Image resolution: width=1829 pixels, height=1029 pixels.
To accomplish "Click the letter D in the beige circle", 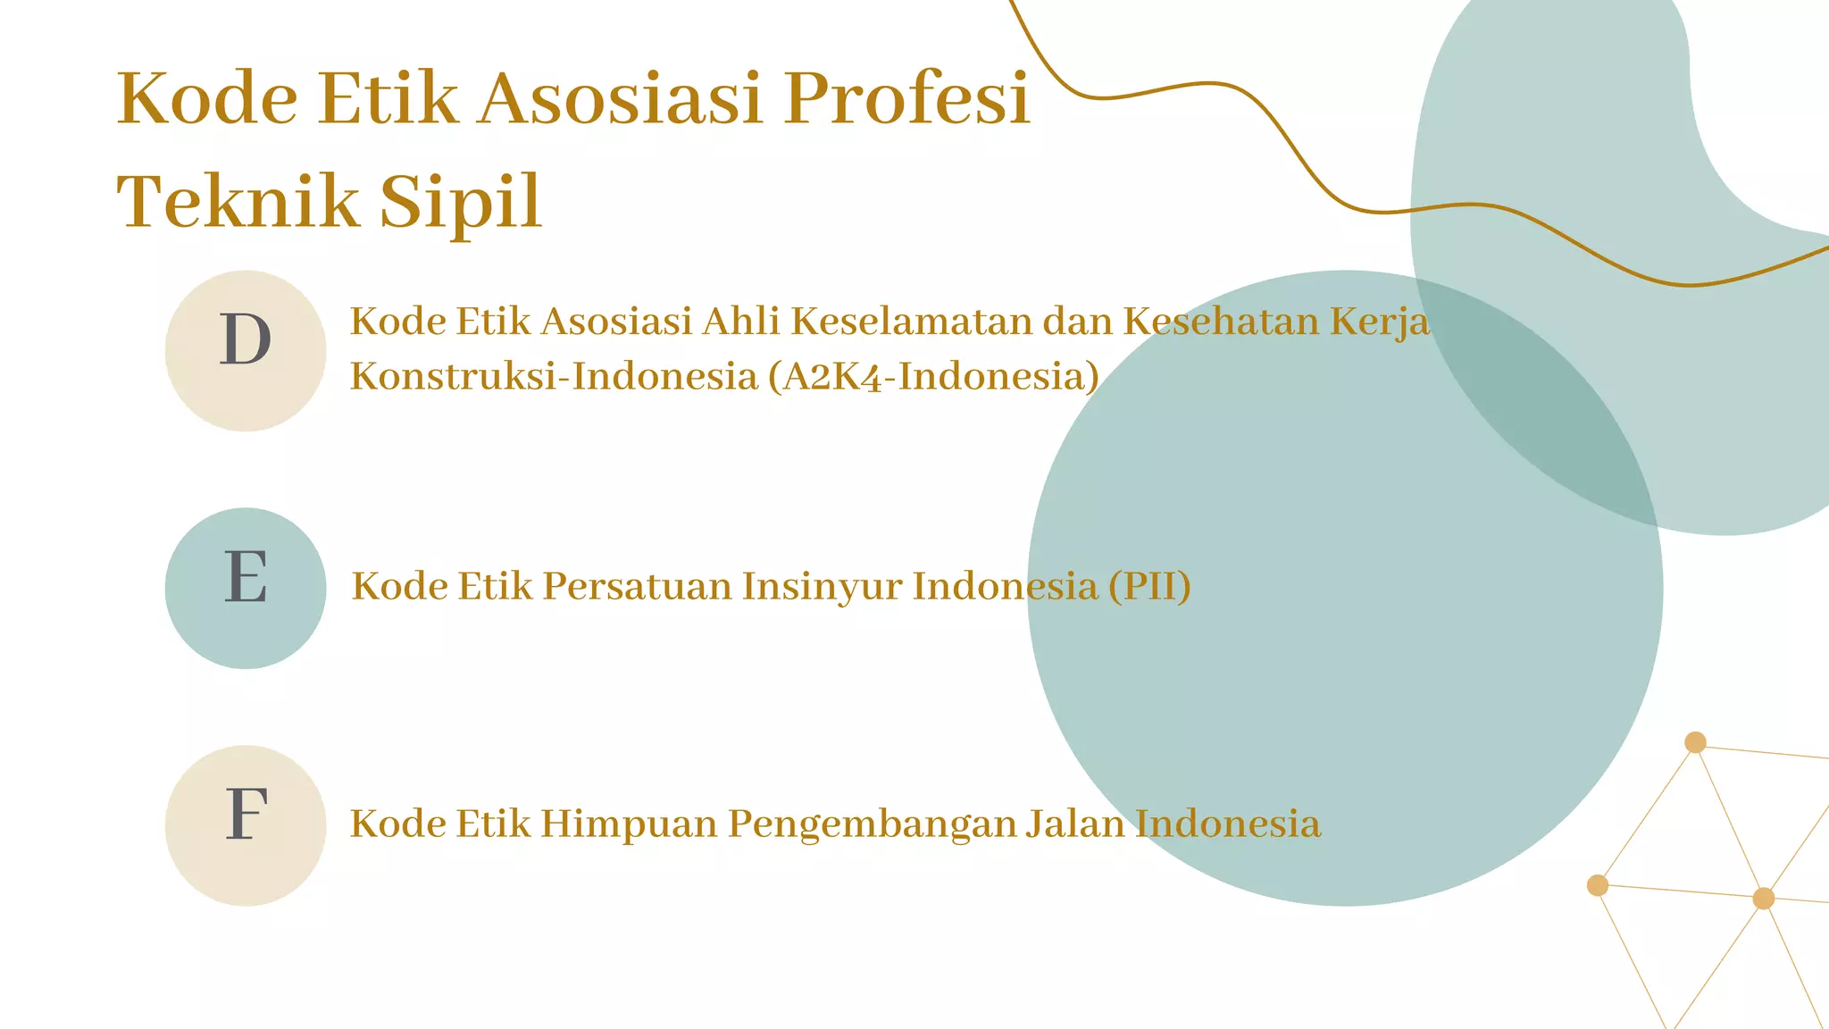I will (246, 340).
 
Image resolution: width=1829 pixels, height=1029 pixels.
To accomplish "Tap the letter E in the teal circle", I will (246, 577).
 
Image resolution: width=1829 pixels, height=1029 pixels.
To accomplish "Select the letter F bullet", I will (246, 815).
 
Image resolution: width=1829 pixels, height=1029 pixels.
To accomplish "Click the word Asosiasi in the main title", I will (621, 97).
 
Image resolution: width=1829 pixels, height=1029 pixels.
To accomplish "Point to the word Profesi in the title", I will (907, 97).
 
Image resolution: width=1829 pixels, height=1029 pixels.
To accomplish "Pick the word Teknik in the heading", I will (238, 201).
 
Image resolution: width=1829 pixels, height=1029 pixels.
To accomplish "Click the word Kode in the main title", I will (207, 97).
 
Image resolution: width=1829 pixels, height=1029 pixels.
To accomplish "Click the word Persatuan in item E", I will (637, 587).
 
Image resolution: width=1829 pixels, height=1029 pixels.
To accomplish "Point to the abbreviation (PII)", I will (1149, 587).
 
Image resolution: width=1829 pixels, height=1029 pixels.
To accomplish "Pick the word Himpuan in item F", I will (629, 824).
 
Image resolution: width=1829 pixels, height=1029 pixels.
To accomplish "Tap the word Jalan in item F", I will (1074, 824).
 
